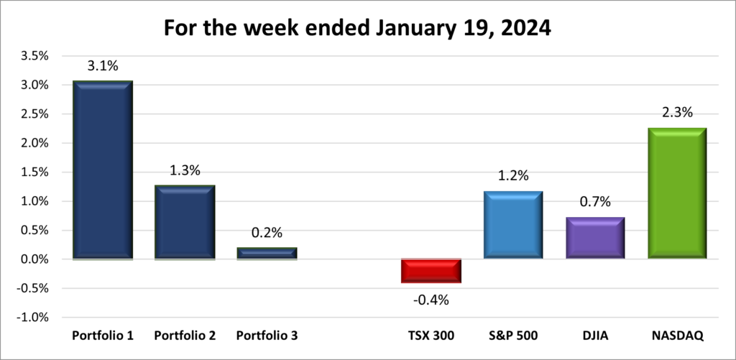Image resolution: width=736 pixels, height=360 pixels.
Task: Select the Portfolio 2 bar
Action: click(x=185, y=222)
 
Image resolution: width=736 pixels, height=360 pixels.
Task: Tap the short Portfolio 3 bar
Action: click(x=267, y=253)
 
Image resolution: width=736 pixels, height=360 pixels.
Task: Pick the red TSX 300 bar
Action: click(x=431, y=271)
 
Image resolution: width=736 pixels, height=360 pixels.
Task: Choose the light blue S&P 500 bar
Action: click(x=513, y=225)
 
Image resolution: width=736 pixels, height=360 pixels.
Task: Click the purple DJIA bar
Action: click(x=595, y=238)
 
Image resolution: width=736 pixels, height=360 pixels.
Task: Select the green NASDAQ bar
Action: click(x=677, y=193)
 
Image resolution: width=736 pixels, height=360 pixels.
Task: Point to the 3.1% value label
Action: click(x=103, y=66)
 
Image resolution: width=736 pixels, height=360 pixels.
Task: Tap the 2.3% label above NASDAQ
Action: click(x=677, y=113)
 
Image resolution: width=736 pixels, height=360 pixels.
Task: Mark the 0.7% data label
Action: click(x=595, y=202)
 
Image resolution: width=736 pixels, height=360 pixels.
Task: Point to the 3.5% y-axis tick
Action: click(x=34, y=56)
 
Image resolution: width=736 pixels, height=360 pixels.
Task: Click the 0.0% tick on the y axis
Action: click(x=34, y=259)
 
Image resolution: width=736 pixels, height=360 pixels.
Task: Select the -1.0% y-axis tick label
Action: click(x=32, y=318)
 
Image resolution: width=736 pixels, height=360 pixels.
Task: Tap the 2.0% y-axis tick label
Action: click(x=34, y=143)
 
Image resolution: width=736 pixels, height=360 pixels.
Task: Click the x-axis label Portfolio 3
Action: click(x=267, y=336)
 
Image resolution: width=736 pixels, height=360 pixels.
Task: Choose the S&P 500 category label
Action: click(x=513, y=336)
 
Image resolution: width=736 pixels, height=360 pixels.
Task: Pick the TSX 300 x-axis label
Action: click(x=431, y=336)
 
